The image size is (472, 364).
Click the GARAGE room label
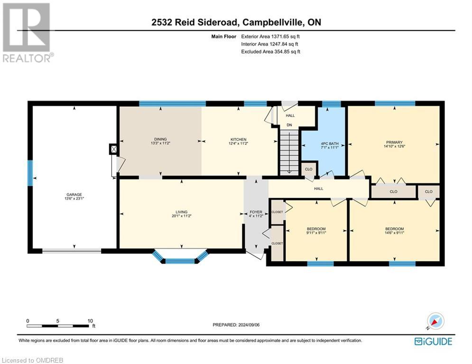(74, 194)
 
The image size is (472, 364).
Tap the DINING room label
(160, 139)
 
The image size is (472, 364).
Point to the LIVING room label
(181, 212)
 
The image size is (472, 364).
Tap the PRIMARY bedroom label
(394, 142)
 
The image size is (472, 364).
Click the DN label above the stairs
(289, 126)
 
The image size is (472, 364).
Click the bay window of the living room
(181, 259)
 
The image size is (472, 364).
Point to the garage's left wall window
(30, 173)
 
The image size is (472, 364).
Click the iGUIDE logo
(433, 341)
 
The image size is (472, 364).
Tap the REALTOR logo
(27, 33)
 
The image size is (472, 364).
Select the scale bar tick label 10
(90, 320)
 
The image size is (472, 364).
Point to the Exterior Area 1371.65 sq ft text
(271, 36)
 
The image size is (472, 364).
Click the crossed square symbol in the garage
(113, 150)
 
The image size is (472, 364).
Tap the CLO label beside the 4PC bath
(308, 168)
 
